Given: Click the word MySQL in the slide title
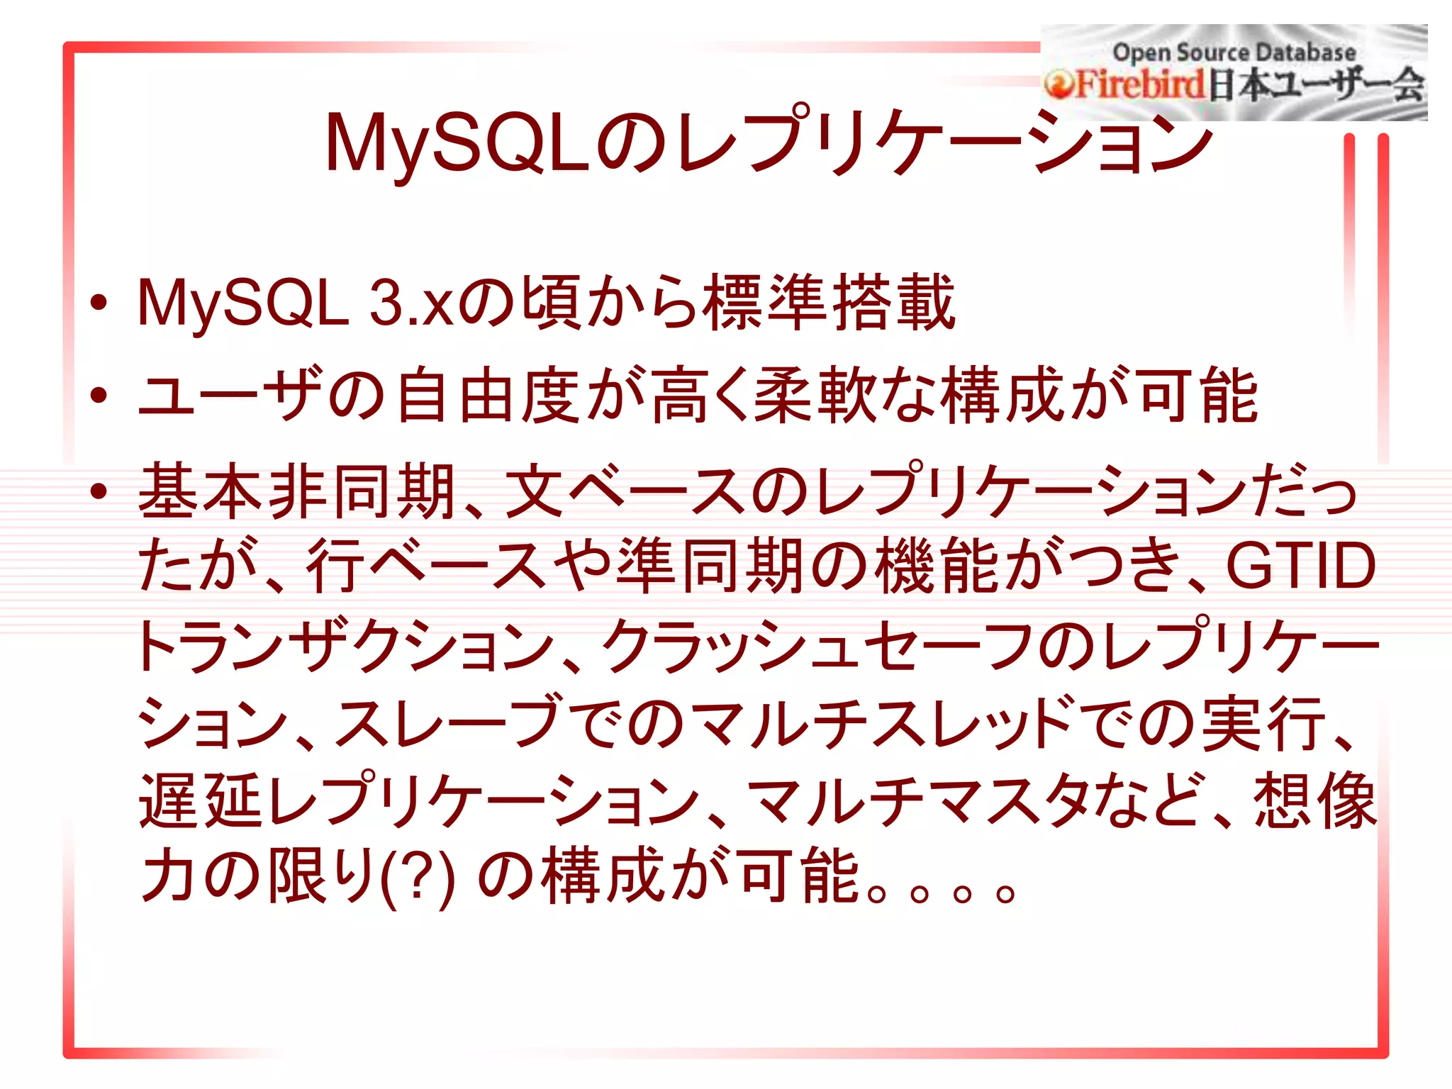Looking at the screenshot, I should point(457,144).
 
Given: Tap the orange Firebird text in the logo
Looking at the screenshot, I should point(1140,85).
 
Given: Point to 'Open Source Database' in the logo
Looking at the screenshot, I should point(1234,52).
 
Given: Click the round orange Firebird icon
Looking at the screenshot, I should point(1059,86).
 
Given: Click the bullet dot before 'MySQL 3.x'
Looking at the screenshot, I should point(99,303).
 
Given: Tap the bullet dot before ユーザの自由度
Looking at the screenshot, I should point(99,396).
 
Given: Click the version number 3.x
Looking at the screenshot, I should point(411,303).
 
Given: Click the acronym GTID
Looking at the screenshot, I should point(1301,566).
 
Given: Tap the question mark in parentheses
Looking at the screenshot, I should point(417,876).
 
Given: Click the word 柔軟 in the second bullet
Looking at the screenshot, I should point(817,396).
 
